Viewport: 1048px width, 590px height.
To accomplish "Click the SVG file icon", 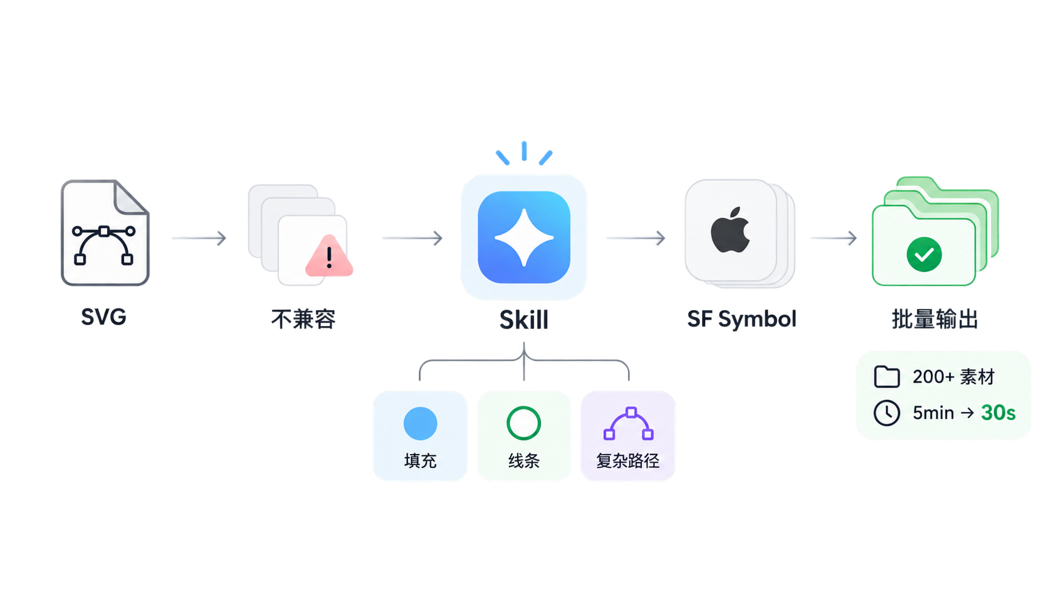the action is [x=105, y=233].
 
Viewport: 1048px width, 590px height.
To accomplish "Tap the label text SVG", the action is [x=103, y=317].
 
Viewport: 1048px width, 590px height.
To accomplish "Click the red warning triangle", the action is [x=329, y=256].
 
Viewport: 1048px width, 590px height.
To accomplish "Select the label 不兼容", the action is [x=303, y=319].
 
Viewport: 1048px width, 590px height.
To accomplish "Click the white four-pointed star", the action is [x=524, y=238].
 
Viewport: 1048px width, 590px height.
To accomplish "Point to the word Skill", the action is [x=523, y=320].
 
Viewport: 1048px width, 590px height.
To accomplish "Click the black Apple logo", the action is [x=730, y=229].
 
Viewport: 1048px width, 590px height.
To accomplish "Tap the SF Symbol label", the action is [x=741, y=319].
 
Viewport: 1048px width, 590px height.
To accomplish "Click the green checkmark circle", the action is [x=924, y=255].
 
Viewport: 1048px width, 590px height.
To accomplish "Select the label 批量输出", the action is [x=935, y=319].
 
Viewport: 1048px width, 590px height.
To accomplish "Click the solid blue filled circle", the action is [x=420, y=423].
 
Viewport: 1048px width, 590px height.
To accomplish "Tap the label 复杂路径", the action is [x=627, y=461].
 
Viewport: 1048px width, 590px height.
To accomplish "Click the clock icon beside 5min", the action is [x=886, y=413].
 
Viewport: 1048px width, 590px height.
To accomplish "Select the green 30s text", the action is [x=998, y=413].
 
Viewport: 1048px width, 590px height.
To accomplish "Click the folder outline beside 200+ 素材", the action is [x=886, y=377].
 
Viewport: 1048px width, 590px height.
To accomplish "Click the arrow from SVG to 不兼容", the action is [x=199, y=238].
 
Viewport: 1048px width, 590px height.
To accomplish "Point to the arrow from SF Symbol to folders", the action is [x=833, y=238].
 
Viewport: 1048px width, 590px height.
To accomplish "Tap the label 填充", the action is [x=420, y=461].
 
